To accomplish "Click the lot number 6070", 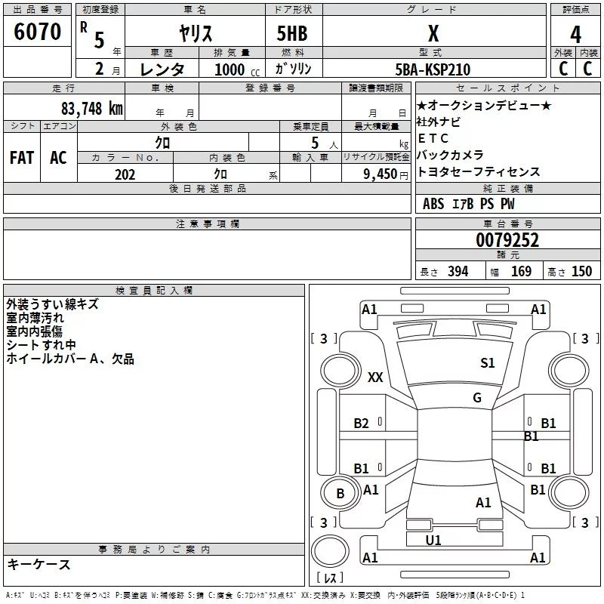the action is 37,32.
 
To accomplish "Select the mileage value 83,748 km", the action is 91,108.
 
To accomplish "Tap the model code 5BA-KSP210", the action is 433,69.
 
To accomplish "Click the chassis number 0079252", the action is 507,240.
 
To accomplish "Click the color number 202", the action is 125,174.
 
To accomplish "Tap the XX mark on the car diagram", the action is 375,377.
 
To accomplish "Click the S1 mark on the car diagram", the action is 488,363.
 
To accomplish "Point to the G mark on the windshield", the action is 477,398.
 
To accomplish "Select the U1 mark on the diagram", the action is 433,540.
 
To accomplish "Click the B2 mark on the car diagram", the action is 362,424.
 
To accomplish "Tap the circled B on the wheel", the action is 340,494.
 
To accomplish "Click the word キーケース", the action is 39,565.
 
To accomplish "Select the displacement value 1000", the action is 230,69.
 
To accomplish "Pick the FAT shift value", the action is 22,158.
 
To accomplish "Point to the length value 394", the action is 457,272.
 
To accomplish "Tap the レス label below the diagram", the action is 329,579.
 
